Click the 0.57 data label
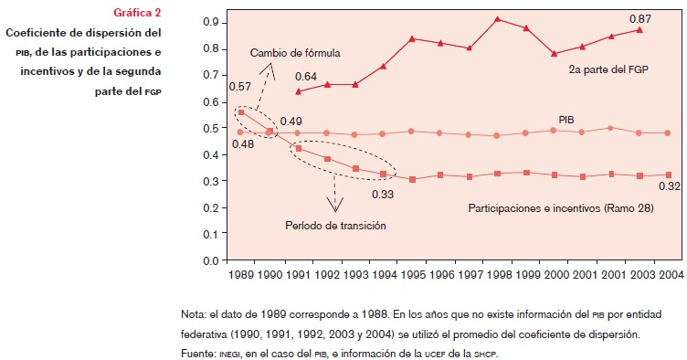(240, 87)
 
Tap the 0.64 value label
(306, 76)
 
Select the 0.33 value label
(383, 194)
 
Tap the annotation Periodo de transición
(334, 225)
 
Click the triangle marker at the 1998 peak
(497, 18)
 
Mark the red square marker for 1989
(240, 111)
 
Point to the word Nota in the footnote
(195, 314)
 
